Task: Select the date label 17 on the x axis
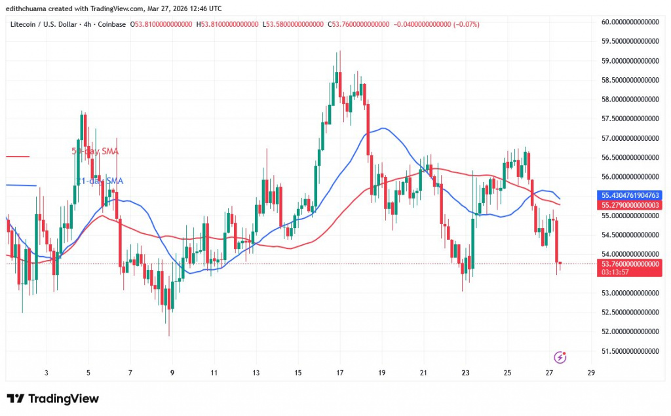coord(339,373)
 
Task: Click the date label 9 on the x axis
coord(172,373)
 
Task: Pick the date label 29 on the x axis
coord(591,373)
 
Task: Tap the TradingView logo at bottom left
coord(52,398)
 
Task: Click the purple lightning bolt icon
coord(560,357)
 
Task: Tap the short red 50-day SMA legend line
coord(18,156)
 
